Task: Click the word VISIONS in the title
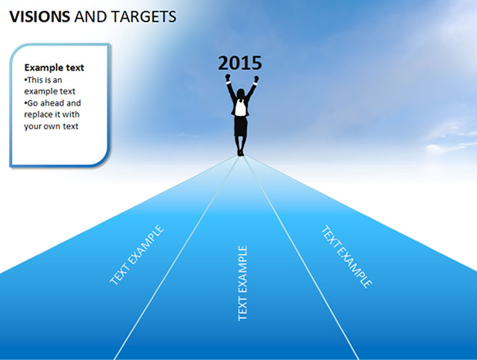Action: (x=40, y=16)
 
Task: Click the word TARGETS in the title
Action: (x=144, y=16)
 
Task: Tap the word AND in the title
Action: (x=90, y=16)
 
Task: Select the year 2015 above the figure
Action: (x=240, y=63)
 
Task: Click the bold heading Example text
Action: (x=54, y=68)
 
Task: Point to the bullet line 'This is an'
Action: (x=43, y=80)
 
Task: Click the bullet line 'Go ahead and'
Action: (x=52, y=103)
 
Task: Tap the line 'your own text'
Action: (x=51, y=126)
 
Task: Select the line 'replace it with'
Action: (x=52, y=115)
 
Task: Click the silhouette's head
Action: (x=241, y=93)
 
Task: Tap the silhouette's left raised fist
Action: (x=228, y=77)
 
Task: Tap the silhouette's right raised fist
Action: (x=256, y=79)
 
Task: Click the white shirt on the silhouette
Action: (x=240, y=108)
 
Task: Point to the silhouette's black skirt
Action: (x=241, y=126)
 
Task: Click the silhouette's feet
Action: (x=241, y=153)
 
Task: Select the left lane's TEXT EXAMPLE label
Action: (x=137, y=255)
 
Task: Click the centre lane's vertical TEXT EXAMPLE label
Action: (x=242, y=283)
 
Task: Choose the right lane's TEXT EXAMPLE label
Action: (x=347, y=257)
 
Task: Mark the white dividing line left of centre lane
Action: (x=176, y=258)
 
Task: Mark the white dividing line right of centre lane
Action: (x=301, y=258)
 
